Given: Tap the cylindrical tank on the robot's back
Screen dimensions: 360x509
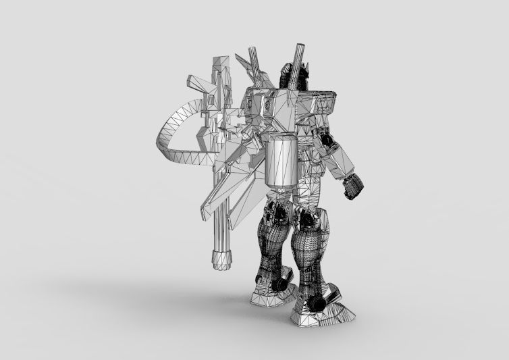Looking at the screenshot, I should pyautogui.click(x=281, y=159).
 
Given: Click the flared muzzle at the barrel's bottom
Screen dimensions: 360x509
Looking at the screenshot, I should pyautogui.click(x=221, y=258).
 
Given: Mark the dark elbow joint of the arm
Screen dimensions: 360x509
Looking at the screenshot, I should pyautogui.click(x=327, y=139).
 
